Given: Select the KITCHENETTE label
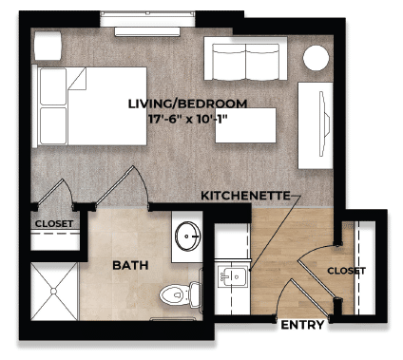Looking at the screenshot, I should point(243,195).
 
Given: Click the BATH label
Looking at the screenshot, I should point(129,265).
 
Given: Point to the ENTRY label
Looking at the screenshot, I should point(302,324).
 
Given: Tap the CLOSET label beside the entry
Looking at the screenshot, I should point(346,271).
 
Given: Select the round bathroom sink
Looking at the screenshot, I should point(187,235).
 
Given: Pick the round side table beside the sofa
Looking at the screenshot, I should point(316,60).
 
